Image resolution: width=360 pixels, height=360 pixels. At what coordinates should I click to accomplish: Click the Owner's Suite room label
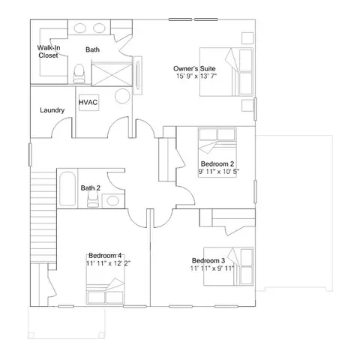pos(194,68)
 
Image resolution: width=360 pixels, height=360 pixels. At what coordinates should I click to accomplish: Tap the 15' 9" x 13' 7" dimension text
pos(196,76)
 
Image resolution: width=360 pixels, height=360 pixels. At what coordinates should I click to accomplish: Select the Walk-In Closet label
pos(49,52)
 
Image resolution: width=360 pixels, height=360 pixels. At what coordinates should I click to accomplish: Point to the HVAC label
pos(88,102)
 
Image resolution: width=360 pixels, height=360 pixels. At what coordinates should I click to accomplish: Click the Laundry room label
pos(52,110)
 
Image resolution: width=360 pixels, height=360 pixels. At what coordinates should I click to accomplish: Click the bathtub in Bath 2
pos(67,189)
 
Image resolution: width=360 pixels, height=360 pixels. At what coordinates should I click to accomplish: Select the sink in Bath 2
pos(112,200)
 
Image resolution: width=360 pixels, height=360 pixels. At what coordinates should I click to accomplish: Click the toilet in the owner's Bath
pos(79,73)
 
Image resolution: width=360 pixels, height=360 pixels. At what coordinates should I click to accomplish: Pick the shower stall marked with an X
pos(112,74)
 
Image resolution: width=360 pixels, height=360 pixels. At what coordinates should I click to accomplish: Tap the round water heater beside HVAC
pos(122,96)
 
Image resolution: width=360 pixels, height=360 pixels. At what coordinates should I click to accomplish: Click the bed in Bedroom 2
pos(217,152)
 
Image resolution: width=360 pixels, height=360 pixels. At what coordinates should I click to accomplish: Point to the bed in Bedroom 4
pos(105,280)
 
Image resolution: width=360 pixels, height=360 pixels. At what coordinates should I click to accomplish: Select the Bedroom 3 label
pos(208,260)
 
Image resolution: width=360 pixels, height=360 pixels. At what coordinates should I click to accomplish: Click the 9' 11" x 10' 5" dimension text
pos(219,172)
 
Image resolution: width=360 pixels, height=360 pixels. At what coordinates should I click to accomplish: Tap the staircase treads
pos(43,217)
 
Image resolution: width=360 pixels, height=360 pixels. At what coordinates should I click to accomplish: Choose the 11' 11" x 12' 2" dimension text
pos(109,263)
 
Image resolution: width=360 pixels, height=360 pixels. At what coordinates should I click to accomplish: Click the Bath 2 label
pos(91,187)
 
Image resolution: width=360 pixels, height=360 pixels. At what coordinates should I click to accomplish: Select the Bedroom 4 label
pos(105,256)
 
